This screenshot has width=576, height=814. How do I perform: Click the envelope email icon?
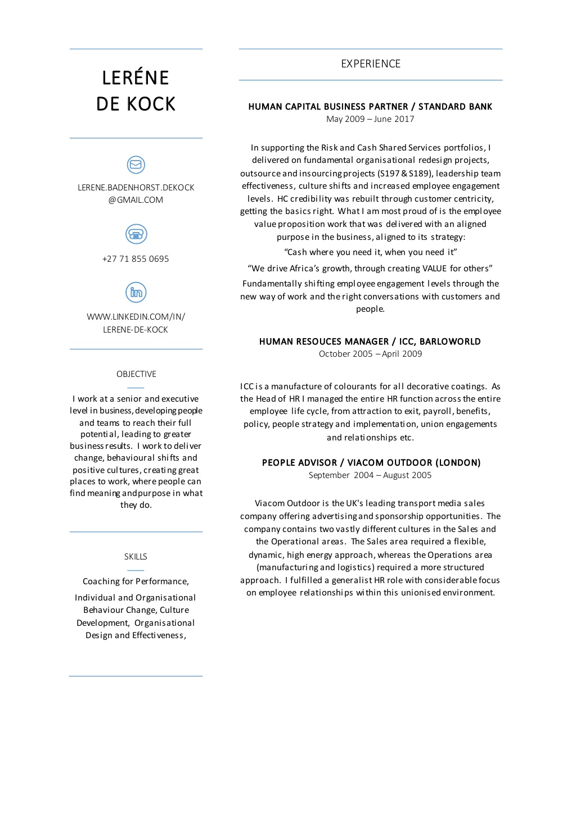(x=136, y=165)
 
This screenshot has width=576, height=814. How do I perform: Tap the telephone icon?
(x=136, y=234)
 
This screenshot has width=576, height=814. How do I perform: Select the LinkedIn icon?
(x=136, y=292)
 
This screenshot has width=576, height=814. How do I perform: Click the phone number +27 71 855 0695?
(x=136, y=259)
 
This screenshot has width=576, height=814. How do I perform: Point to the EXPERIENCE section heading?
(x=371, y=64)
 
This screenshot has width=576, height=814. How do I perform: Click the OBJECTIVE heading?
(x=136, y=374)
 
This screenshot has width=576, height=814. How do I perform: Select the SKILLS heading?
(x=136, y=557)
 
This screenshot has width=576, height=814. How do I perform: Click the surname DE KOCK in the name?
(x=136, y=104)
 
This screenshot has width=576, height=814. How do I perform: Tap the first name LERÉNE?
(x=136, y=78)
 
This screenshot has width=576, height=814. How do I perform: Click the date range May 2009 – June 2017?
(x=370, y=119)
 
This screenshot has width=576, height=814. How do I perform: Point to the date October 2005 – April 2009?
(x=370, y=354)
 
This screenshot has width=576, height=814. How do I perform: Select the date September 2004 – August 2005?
(x=370, y=475)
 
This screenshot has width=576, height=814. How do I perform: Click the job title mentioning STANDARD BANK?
(x=370, y=107)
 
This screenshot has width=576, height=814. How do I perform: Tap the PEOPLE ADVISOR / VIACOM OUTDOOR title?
(x=371, y=463)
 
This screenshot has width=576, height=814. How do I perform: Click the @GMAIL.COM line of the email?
(x=136, y=200)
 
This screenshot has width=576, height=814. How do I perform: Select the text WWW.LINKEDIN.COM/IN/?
(x=136, y=317)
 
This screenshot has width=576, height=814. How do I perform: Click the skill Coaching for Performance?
(x=136, y=581)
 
